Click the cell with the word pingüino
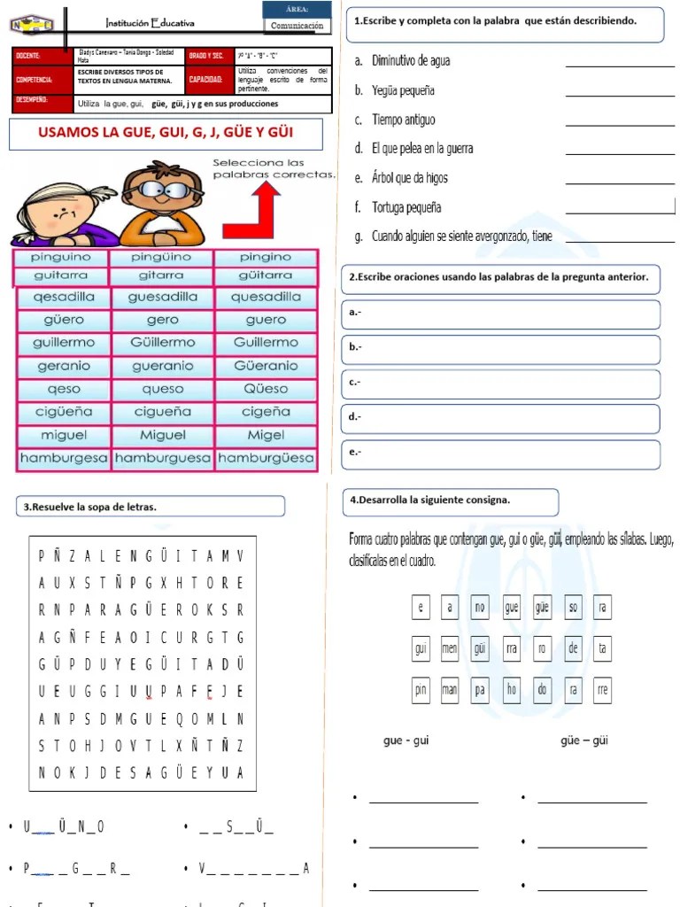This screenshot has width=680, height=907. [x=160, y=257]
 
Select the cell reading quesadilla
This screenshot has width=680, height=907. [x=266, y=298]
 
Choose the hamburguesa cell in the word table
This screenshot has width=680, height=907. [x=163, y=459]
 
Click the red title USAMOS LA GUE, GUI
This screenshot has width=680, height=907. [x=166, y=134]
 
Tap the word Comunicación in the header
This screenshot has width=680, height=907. [x=297, y=26]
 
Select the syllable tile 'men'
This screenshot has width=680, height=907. [x=450, y=648]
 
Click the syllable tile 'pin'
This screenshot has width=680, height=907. [x=421, y=690]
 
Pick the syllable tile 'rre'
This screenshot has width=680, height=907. [x=603, y=690]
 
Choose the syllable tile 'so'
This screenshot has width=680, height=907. [x=573, y=608]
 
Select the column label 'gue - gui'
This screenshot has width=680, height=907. [x=406, y=740]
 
